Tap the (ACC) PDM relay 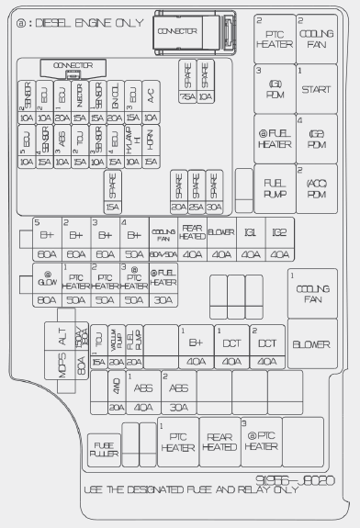pyautogui.click(x=315, y=188)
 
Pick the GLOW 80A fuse pyautogui.click(x=46, y=286)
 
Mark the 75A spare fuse pyautogui.click(x=187, y=81)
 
